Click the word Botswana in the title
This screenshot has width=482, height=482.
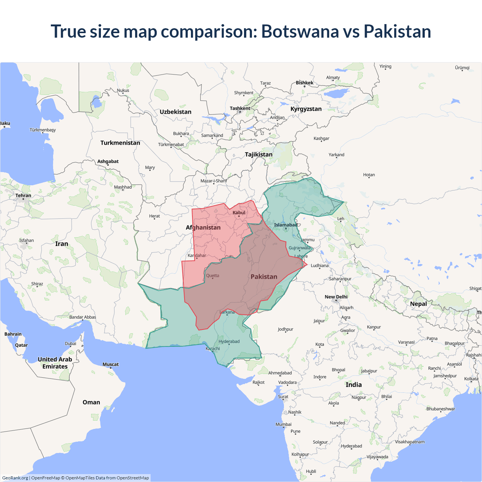pyautogui.click(x=300, y=31)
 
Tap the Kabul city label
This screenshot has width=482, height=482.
pyautogui.click(x=239, y=213)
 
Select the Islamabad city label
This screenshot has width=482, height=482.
pyautogui.click(x=285, y=225)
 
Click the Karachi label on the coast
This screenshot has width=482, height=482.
pyautogui.click(x=213, y=349)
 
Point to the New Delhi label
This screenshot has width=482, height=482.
pyautogui.click(x=336, y=297)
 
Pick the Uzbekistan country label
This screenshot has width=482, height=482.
pyautogui.click(x=175, y=112)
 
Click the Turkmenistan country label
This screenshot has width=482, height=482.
pyautogui.click(x=120, y=143)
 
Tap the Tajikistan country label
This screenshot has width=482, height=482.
pyautogui.click(x=259, y=154)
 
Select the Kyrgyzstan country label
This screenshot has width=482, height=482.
pyautogui.click(x=306, y=109)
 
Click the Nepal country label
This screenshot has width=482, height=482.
pyautogui.click(x=418, y=304)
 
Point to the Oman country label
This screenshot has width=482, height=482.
pyautogui.click(x=91, y=402)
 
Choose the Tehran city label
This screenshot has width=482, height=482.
pyautogui.click(x=23, y=195)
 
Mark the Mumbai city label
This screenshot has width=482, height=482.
pyautogui.click(x=284, y=424)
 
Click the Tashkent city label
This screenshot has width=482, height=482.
pyautogui.click(x=240, y=108)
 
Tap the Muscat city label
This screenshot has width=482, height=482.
pyautogui.click(x=111, y=365)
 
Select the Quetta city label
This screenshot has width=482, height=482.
pyautogui.click(x=212, y=276)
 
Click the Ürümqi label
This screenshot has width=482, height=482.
pyautogui.click(x=462, y=68)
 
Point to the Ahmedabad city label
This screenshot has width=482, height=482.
pyautogui.click(x=280, y=373)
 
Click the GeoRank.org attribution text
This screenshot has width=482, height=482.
pyautogui.click(x=15, y=478)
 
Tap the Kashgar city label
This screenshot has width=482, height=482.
pyautogui.click(x=321, y=139)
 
